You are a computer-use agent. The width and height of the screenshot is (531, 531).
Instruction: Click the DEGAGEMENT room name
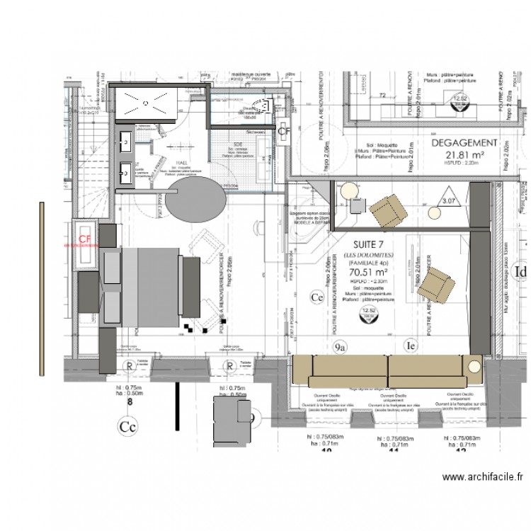[x=464, y=142]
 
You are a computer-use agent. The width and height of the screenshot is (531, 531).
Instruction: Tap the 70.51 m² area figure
[x=371, y=270]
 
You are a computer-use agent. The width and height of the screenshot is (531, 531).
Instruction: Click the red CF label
[x=86, y=239]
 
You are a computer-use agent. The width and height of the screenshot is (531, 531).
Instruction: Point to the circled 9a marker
[x=340, y=347]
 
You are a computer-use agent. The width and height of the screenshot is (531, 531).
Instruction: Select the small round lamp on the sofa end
[x=473, y=367]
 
